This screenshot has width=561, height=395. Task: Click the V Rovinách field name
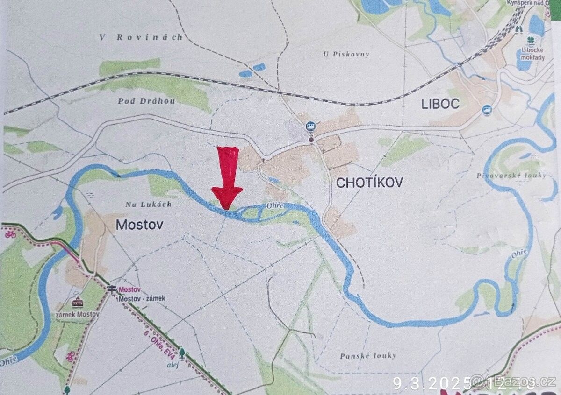point(141,38)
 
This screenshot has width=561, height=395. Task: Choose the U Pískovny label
point(346,54)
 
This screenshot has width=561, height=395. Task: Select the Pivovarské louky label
point(511,176)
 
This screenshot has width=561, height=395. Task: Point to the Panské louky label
point(368,356)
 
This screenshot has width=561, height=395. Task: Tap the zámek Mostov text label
point(78,314)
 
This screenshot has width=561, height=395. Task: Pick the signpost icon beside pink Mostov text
point(112,289)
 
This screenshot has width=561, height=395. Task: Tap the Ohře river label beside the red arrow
point(275,205)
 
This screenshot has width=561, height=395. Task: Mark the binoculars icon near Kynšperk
point(518,29)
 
